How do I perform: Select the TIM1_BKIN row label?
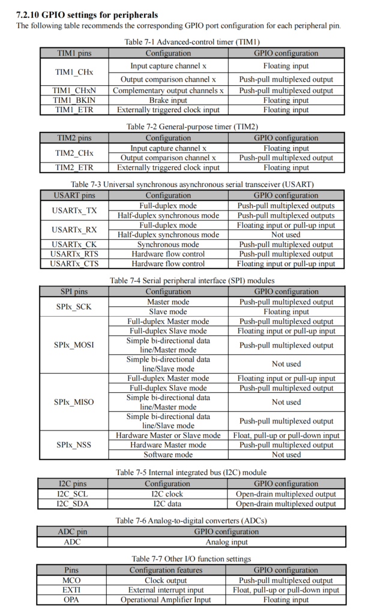(74, 100)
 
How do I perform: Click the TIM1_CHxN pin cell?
(74, 91)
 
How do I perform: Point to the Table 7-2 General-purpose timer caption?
(184, 127)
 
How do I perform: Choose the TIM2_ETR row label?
(74, 168)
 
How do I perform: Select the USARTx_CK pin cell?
(74, 245)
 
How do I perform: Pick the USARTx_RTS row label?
(74, 254)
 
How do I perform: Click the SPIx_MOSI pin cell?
(74, 345)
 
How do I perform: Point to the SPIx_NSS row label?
(74, 445)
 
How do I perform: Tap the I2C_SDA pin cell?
(73, 504)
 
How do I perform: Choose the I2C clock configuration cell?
(167, 494)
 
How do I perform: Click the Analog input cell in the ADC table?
(226, 542)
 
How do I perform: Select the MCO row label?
(71, 580)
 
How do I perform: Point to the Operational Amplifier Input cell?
(166, 600)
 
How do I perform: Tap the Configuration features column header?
(166, 570)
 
